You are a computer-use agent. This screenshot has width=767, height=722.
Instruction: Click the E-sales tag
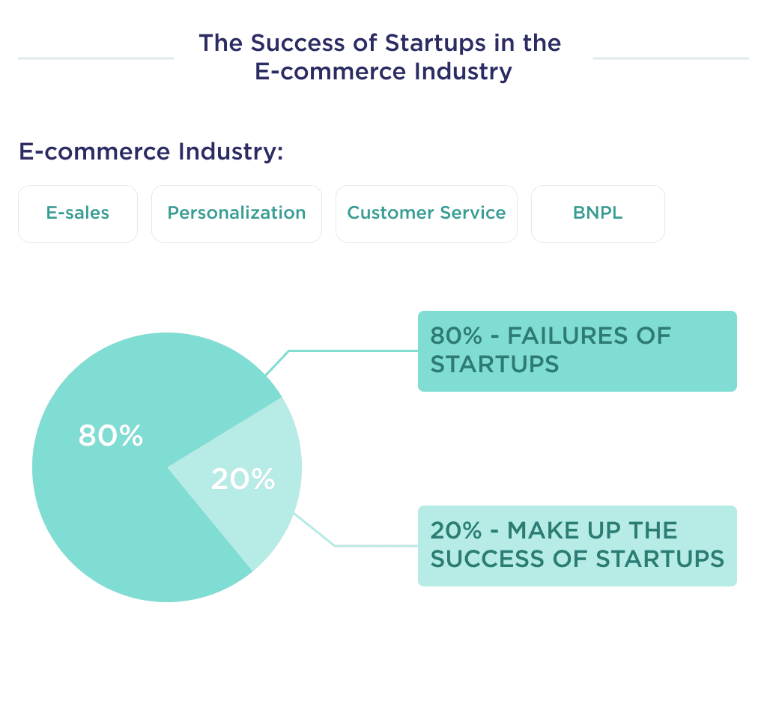(78, 213)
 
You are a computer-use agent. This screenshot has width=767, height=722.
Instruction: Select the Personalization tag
(237, 213)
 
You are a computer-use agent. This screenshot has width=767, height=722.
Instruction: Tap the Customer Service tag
(426, 213)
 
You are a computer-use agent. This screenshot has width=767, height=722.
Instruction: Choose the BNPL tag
(598, 213)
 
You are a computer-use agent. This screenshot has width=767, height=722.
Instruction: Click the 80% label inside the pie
(110, 436)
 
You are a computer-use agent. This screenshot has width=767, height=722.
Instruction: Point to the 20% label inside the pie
(243, 479)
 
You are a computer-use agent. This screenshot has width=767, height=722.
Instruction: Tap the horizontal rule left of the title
(96, 58)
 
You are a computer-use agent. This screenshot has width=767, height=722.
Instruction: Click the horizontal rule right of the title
(670, 58)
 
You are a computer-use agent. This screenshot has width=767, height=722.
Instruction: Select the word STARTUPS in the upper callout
(494, 365)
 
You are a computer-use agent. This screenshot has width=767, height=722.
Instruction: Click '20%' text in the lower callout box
(456, 531)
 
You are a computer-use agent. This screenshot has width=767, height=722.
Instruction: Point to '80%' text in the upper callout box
(456, 336)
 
